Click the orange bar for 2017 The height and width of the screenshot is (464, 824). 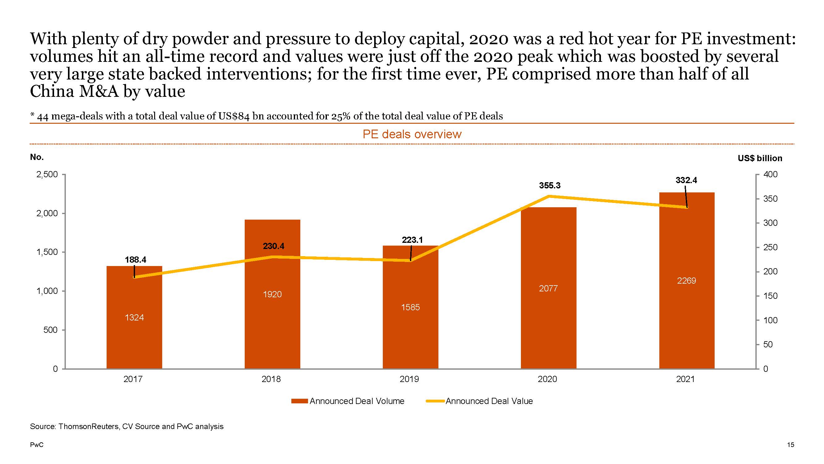click(134, 317)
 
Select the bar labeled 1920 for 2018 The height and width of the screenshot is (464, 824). click(273, 294)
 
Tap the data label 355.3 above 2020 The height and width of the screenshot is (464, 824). click(550, 185)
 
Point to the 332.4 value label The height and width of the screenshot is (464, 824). click(686, 180)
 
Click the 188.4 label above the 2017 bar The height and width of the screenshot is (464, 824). click(135, 260)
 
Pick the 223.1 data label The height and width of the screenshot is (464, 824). click(412, 240)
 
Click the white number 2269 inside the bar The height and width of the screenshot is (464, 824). click(687, 281)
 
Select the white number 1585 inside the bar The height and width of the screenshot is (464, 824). click(410, 307)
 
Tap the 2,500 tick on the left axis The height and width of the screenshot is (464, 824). click(47, 174)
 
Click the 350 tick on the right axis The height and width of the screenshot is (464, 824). click(771, 199)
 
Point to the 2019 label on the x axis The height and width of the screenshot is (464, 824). click(409, 379)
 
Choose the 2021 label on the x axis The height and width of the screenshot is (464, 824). click(686, 379)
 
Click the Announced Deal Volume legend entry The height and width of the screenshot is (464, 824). click(348, 401)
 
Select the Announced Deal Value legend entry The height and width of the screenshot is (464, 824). click(480, 401)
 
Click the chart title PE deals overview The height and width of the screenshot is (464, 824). click(412, 134)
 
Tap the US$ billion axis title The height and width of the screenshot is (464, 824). click(760, 158)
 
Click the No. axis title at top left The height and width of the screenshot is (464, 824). click(37, 157)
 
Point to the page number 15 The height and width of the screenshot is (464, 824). click(790, 445)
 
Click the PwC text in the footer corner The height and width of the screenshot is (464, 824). click(36, 445)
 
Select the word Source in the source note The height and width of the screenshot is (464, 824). click(42, 427)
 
